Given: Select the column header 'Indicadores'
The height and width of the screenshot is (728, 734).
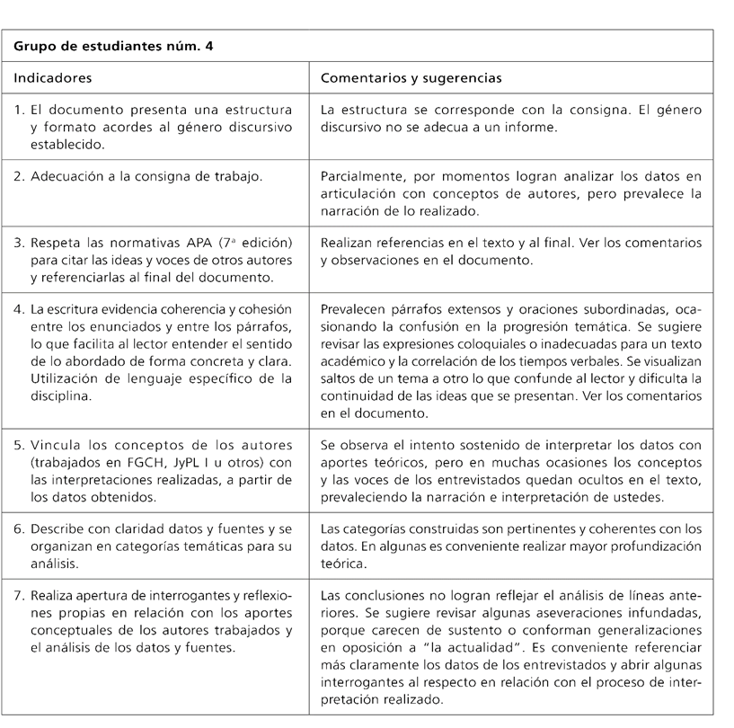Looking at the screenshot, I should [53, 77].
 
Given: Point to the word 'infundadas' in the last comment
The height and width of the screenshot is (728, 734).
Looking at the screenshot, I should [664, 610].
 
